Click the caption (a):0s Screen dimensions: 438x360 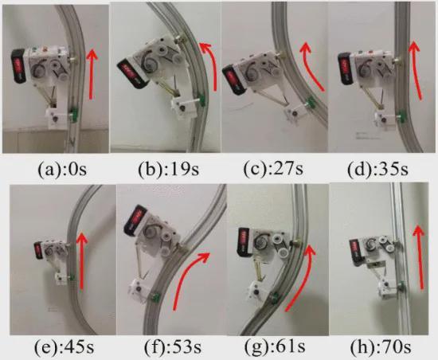tap(62, 170)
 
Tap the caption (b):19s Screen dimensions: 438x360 tap(169, 170)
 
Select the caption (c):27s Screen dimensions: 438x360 tap(273, 169)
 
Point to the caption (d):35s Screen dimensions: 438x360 tap(378, 169)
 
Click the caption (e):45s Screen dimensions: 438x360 tap(64, 347)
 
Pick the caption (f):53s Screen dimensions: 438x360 tap(173, 347)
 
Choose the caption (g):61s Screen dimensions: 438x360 tap(275, 346)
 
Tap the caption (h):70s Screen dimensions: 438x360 tap(381, 347)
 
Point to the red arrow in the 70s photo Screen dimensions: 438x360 tap(420, 257)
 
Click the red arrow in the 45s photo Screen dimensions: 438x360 tap(81, 261)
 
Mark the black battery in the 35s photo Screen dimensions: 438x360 tap(344, 68)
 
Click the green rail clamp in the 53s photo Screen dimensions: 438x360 tap(155, 296)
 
